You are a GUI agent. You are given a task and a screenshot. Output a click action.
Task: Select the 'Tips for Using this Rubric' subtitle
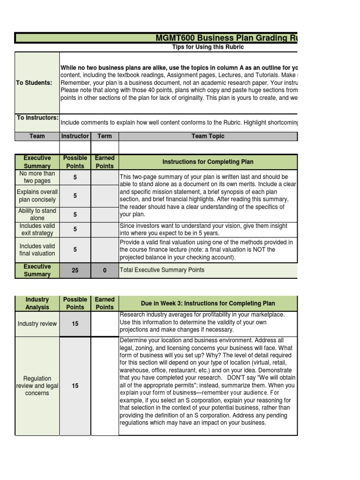pos(208,47)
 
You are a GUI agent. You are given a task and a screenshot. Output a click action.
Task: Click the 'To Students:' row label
pos(34,83)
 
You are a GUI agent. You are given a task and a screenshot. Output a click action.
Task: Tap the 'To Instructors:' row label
pos(37,118)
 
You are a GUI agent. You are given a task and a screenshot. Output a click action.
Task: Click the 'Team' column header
pos(37,136)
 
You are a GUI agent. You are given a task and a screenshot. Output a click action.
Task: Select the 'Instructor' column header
pos(75,136)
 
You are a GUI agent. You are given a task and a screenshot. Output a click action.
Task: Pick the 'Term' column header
pos(105,136)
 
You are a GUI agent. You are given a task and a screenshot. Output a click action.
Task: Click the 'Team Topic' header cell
pos(208,136)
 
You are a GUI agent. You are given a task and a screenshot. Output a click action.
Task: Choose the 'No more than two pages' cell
pos(37,177)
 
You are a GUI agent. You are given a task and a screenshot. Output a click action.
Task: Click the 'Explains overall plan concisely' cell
pos(37,196)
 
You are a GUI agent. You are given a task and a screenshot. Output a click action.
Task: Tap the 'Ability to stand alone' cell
pos(37,215)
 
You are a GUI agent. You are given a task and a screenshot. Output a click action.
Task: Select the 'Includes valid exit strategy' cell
pos(37,230)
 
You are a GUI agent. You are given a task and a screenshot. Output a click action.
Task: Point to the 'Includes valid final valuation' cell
pos(37,250)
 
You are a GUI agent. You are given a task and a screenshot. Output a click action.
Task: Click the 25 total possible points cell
pos(75,270)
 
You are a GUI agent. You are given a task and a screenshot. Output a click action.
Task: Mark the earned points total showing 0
pos(105,270)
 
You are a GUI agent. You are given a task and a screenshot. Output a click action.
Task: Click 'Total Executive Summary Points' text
pos(162,270)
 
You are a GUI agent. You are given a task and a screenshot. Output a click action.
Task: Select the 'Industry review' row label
pos(37,324)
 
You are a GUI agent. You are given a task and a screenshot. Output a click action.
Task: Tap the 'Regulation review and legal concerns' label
pos(37,386)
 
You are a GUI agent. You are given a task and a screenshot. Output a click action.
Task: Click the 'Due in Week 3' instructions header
pos(208,303)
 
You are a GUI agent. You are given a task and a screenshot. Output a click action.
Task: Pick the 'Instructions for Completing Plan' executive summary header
pos(208,162)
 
